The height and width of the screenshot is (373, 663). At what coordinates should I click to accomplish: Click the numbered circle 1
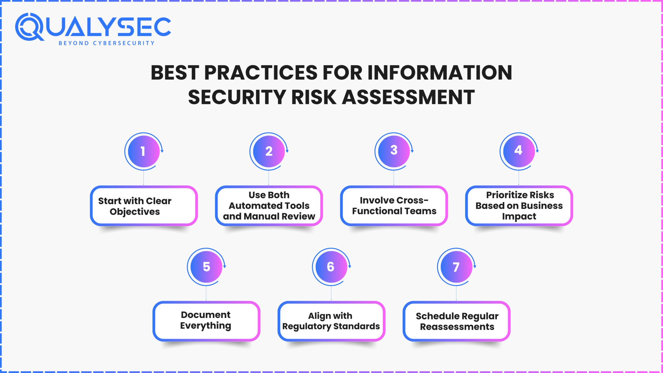[x=144, y=151]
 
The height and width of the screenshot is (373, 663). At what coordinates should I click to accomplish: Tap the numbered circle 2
[x=269, y=151]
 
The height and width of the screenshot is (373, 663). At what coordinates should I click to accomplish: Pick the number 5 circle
[x=206, y=267]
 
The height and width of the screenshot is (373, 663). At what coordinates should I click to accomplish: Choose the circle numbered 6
[x=331, y=267]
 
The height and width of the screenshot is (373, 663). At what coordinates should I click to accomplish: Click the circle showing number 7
[x=456, y=267]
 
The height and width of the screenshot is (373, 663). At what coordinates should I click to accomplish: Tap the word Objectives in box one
[x=135, y=212]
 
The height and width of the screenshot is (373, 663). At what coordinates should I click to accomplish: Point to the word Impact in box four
[x=519, y=216]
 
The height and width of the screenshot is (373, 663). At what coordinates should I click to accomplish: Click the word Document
[x=206, y=315]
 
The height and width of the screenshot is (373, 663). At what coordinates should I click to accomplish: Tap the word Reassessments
[x=457, y=327]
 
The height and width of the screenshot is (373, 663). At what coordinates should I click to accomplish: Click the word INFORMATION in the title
[x=439, y=73]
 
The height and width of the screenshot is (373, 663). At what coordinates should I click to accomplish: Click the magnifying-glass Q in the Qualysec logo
[x=29, y=27]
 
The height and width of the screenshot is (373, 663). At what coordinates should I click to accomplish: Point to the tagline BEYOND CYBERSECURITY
[x=107, y=43]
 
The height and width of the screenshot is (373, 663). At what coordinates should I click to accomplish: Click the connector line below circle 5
[x=206, y=293]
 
